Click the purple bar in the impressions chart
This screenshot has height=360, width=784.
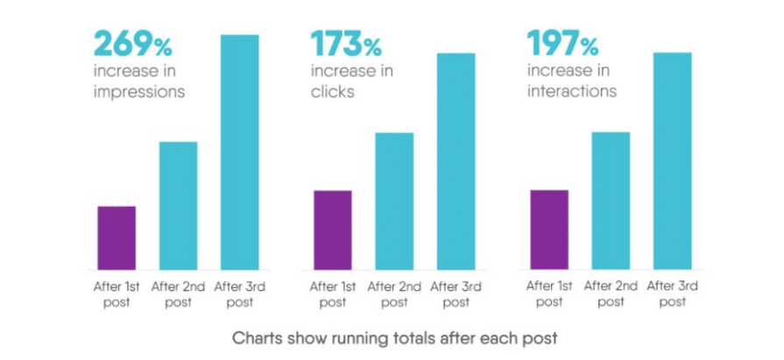click(x=117, y=237)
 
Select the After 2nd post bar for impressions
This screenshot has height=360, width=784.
click(x=178, y=205)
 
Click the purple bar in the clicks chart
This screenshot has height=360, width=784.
click(x=333, y=229)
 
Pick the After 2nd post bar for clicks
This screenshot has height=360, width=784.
click(x=394, y=201)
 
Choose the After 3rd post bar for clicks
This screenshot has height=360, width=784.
click(x=456, y=161)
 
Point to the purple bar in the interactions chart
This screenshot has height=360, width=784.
click(x=549, y=229)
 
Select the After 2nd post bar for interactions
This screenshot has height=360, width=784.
click(x=611, y=201)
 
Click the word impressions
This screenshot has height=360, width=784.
click(x=139, y=91)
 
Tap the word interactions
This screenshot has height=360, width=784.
click(x=570, y=91)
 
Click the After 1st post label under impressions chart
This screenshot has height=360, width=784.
click(x=117, y=293)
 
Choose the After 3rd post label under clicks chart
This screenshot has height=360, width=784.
click(x=455, y=293)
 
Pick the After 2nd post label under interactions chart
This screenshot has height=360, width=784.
click(x=611, y=293)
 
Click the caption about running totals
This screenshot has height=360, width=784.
click(x=393, y=336)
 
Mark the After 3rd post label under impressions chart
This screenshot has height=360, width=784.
click(x=238, y=293)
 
